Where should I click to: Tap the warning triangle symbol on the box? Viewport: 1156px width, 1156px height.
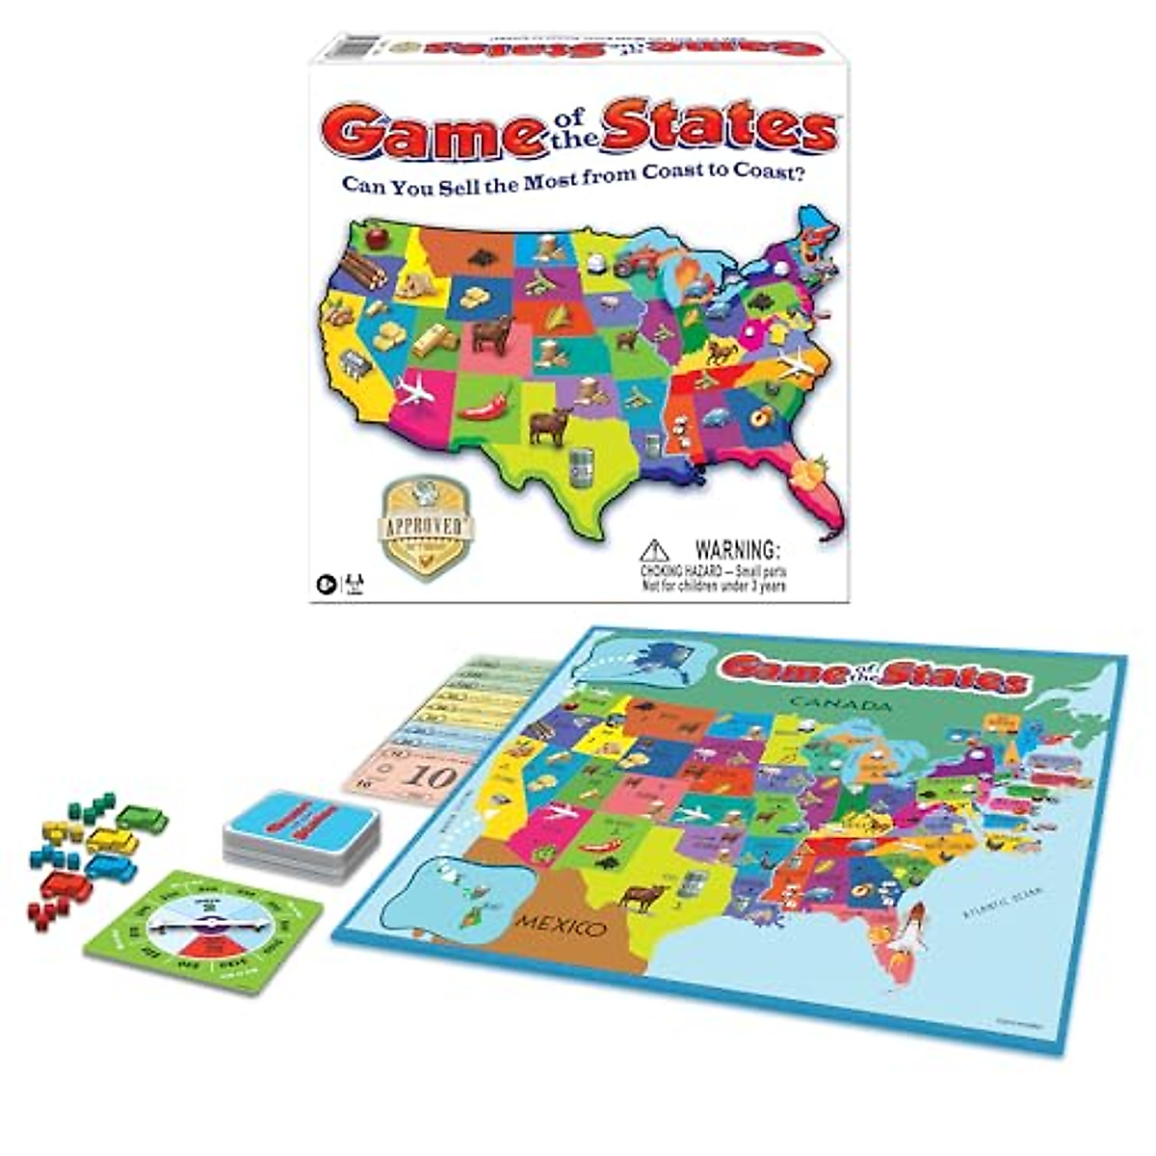tap(655, 552)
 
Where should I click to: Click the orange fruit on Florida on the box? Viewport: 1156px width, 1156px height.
tap(801, 474)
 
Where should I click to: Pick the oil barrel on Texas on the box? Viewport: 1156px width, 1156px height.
tap(580, 467)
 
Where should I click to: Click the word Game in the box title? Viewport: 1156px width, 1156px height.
tap(438, 131)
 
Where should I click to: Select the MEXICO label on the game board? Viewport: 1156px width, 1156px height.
tap(562, 928)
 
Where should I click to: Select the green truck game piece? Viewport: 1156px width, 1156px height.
tap(142, 819)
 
